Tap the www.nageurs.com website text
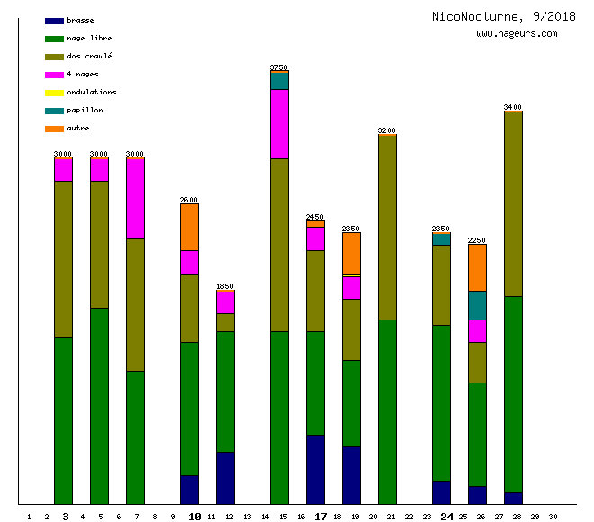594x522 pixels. pos(517,34)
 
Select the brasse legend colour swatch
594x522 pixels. pos(54,21)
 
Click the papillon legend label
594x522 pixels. pos(85,111)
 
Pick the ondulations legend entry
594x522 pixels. pos(91,93)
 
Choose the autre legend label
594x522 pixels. pos(78,129)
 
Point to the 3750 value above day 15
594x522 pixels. pos(279,67)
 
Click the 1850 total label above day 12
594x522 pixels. pos(225,286)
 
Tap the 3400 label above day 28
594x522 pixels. pos(513,107)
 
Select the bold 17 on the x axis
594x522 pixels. pos(320,517)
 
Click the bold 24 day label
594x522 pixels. pos(446,517)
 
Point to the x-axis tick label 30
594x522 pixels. pos(553,517)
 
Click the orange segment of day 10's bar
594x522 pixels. pos(189,227)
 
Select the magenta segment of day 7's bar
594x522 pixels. pos(135,198)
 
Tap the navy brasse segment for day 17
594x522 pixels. pos(315,469)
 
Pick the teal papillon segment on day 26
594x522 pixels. pos(477,305)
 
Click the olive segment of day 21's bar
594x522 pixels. pos(387,227)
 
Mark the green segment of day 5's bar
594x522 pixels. pos(99,405)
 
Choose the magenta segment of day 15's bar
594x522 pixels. pos(279,123)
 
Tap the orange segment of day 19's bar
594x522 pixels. pos(351,253)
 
